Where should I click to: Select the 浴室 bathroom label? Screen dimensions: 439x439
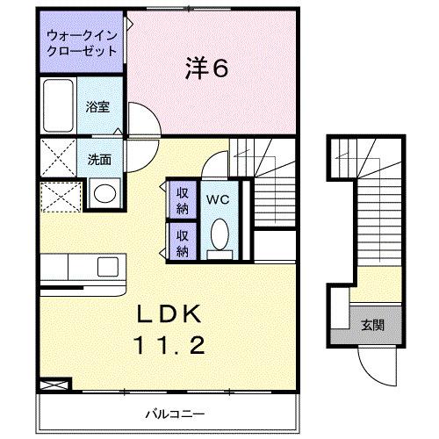tap(97, 107)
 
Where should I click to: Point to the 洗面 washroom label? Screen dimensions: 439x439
tap(98, 160)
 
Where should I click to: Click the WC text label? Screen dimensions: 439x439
tap(218, 199)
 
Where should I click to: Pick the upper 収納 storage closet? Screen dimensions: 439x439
tap(183, 199)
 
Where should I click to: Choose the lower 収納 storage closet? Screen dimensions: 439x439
tap(183, 241)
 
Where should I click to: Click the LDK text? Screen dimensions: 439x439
tap(170, 313)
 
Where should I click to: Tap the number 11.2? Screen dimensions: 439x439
tap(170, 345)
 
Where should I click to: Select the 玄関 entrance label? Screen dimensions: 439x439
tap(372, 325)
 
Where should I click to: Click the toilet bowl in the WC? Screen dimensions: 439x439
tap(219, 234)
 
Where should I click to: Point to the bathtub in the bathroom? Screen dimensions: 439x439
tap(61, 107)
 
